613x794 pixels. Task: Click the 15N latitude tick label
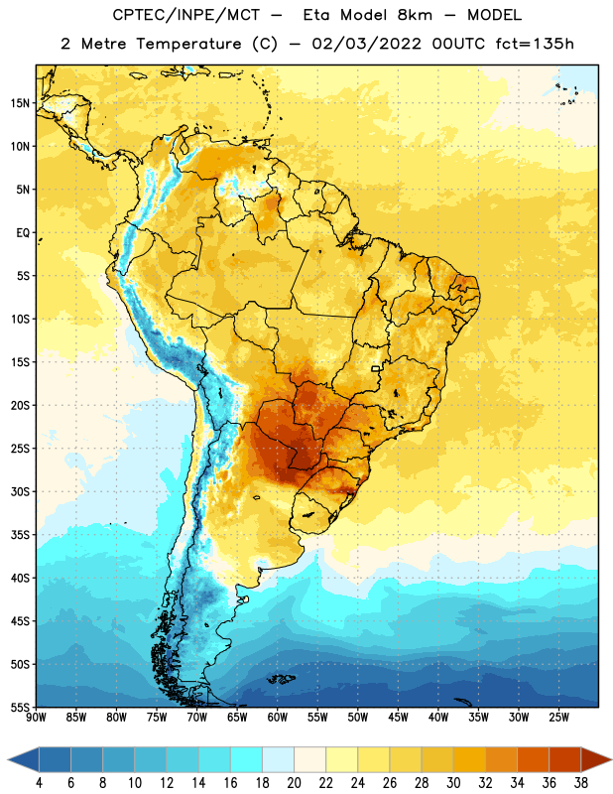click(20, 103)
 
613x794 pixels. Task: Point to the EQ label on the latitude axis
click(23, 233)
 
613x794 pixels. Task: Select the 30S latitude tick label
click(20, 491)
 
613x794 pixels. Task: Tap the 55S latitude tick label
click(20, 707)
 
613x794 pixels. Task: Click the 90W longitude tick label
click(36, 718)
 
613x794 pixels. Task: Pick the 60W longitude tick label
click(278, 718)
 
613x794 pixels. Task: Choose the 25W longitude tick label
click(558, 718)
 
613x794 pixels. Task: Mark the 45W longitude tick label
click(398, 718)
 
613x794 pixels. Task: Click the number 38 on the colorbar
click(580, 783)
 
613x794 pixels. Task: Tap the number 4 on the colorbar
click(39, 783)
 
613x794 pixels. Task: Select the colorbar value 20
click(294, 783)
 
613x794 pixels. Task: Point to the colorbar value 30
click(453, 783)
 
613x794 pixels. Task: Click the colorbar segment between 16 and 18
click(246, 759)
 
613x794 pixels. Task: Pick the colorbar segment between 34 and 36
click(533, 759)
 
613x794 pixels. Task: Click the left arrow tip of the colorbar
click(8, 759)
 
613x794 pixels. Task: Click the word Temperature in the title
click(188, 44)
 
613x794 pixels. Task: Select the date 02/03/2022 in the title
click(366, 44)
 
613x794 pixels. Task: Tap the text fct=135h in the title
click(535, 44)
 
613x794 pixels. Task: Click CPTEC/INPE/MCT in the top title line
click(185, 15)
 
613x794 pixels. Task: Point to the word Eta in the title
click(316, 15)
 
